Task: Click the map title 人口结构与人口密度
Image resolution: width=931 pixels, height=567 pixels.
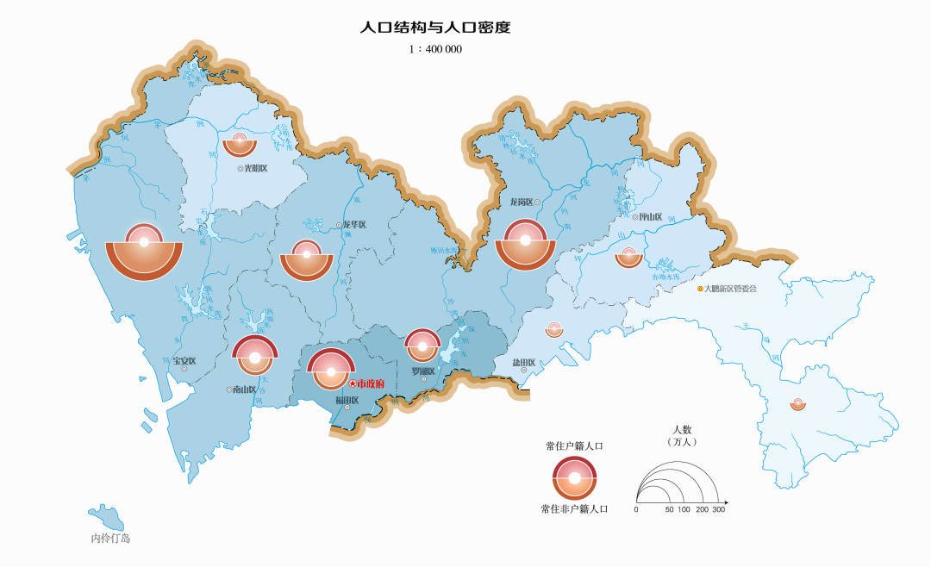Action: [x=435, y=28]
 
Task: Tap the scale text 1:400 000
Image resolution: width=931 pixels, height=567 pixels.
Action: [x=435, y=50]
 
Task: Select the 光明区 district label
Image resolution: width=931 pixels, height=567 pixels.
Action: [x=256, y=169]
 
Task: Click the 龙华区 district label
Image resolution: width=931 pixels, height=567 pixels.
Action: [x=354, y=225]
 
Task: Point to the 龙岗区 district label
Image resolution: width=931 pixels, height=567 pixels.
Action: [x=522, y=202]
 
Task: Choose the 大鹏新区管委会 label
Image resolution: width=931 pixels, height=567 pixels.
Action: [x=730, y=289]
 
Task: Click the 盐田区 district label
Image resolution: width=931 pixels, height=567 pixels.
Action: [x=524, y=363]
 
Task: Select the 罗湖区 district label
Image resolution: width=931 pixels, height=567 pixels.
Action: [x=422, y=371]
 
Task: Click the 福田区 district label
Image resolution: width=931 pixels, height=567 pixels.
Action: [x=347, y=400]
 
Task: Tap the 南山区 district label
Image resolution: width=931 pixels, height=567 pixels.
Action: [x=244, y=389]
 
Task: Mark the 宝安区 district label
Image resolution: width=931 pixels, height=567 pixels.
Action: [x=184, y=360]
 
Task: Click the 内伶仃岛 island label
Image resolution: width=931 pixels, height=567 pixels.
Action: [x=110, y=539]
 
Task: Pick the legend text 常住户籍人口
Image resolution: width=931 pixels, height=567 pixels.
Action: [x=574, y=445]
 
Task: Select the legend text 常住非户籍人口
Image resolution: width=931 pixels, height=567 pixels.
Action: [x=574, y=509]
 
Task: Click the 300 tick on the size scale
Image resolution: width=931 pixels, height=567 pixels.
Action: [x=718, y=510]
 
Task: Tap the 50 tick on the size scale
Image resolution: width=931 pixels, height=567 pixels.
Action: [x=669, y=510]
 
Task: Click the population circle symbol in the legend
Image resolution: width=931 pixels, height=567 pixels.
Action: [x=575, y=477]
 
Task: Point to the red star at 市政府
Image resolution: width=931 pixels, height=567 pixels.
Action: [x=352, y=383]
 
